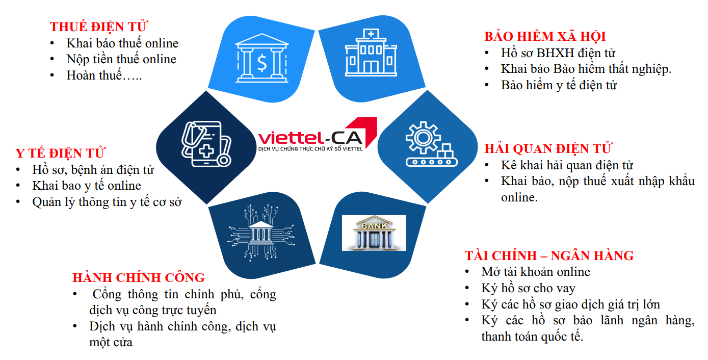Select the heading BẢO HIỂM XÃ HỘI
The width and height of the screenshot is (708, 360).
coord(544,37)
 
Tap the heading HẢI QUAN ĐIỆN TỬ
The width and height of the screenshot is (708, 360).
coord(548,149)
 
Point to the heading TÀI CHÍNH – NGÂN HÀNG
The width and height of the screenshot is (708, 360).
coord(549,255)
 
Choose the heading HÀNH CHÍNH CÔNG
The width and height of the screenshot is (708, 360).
coord(139,278)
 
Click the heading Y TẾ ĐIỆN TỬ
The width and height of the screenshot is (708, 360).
coord(60,153)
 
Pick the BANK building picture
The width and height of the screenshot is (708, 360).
coord(374,233)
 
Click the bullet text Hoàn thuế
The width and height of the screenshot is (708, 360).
coord(104,76)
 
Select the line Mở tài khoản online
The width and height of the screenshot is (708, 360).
coord(535,272)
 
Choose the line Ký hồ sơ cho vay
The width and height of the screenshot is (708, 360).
coord(528,289)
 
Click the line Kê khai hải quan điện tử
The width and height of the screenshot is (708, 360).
coord(567,165)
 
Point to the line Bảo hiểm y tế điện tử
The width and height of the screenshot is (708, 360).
coord(559,85)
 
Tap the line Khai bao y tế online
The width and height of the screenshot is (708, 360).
coord(87,186)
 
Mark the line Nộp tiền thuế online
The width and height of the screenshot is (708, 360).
coord(121,60)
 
